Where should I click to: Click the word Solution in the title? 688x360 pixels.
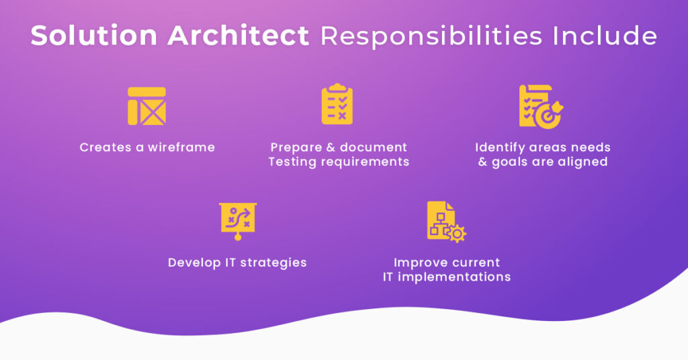[x=84, y=36]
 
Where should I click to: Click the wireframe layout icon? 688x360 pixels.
[x=146, y=106]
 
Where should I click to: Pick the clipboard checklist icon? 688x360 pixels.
[x=337, y=105]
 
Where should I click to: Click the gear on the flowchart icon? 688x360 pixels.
[x=458, y=234]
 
